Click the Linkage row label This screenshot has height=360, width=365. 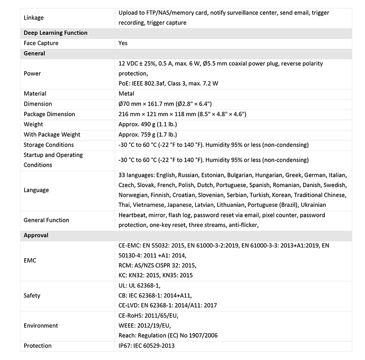34,18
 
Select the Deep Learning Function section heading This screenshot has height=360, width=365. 56,33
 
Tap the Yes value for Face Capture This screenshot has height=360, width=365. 123,43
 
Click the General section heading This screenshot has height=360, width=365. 34,53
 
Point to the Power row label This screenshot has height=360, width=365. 32,73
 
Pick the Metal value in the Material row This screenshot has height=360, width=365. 127,94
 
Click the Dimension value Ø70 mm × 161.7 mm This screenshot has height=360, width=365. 164,104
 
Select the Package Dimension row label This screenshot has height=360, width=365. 49,114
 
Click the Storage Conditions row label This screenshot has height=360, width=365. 49,145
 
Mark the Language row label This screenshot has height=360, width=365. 36,190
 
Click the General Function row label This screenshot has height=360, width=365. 47,220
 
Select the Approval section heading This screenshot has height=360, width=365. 36,236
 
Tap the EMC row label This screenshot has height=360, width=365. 30,261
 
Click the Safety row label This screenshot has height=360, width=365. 32,295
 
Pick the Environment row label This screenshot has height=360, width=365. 41,326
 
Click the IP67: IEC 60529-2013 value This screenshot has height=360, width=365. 146,346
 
